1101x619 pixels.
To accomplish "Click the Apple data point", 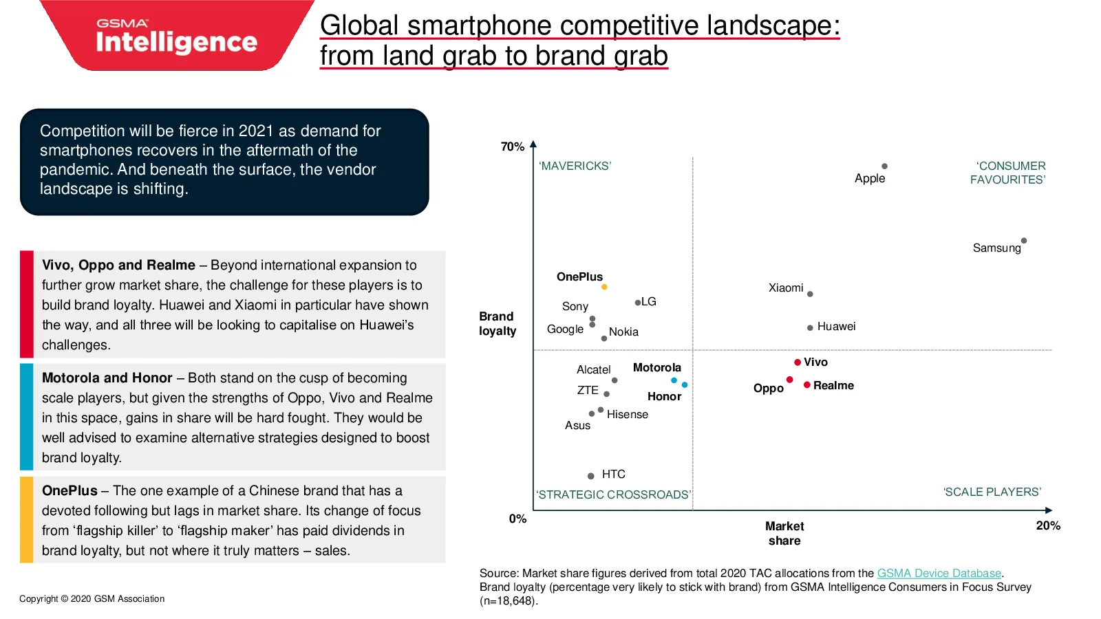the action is pyautogui.click(x=884, y=166).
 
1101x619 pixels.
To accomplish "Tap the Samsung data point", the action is pyautogui.click(x=1024, y=241).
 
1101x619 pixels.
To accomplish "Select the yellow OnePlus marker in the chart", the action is pyautogui.click(x=604, y=287).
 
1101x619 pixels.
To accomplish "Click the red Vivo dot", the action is pyautogui.click(x=798, y=362).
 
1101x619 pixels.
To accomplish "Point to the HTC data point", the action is pyautogui.click(x=591, y=475).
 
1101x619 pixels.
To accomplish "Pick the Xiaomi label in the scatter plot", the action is pyautogui.click(x=785, y=288).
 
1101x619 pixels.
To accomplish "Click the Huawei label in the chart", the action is pyautogui.click(x=836, y=327).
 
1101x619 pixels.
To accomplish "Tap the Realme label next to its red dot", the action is pyautogui.click(x=833, y=386).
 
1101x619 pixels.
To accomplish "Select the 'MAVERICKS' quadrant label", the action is pyautogui.click(x=575, y=166).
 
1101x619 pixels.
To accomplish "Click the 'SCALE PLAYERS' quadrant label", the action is pyautogui.click(x=992, y=492).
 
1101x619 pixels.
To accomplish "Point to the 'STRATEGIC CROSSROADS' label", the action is pyautogui.click(x=613, y=495).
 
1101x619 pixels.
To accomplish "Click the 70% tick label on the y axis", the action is pyautogui.click(x=512, y=146).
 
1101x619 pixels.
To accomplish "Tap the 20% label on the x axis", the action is pyautogui.click(x=1048, y=525).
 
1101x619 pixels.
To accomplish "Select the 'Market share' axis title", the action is pyautogui.click(x=784, y=534).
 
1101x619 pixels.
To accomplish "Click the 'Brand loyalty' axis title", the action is pyautogui.click(x=498, y=324).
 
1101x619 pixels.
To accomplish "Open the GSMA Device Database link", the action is pyautogui.click(x=939, y=574).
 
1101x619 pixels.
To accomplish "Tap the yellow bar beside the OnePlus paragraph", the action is pyautogui.click(x=27, y=519).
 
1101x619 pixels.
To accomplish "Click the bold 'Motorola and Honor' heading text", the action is pyautogui.click(x=107, y=378).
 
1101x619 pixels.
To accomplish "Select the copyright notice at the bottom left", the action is pyautogui.click(x=92, y=599).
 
